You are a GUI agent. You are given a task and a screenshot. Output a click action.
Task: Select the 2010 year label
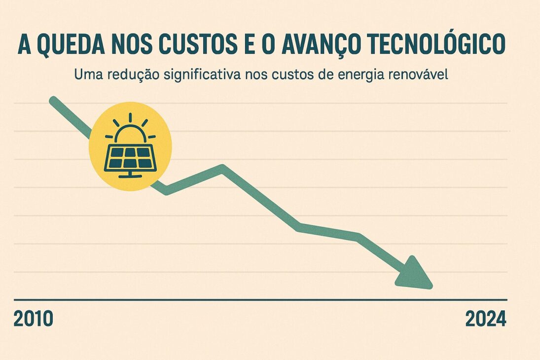[33, 320]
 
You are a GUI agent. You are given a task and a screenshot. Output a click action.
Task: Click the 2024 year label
[486, 320]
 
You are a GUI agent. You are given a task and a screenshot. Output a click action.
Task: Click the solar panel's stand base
[130, 176]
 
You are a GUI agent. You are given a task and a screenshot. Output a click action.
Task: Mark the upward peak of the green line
[222, 169]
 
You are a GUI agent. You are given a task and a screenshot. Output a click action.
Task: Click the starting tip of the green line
[53, 101]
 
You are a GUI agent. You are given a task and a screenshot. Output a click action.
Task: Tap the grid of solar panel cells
[130, 157]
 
